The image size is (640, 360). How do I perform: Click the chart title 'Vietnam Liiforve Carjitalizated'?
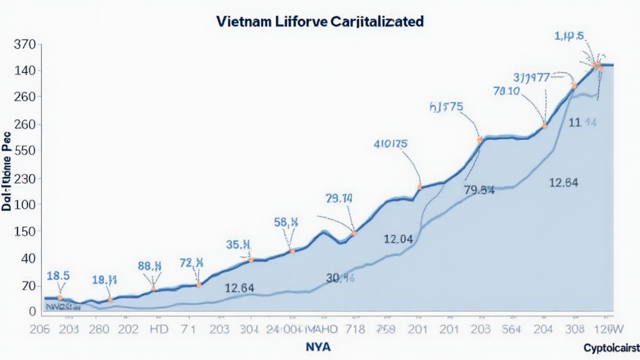(319, 21)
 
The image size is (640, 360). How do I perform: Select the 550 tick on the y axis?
(24, 151)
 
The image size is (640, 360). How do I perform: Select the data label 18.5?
(58, 275)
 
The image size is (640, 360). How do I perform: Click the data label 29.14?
(339, 199)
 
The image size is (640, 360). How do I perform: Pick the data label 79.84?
(479, 190)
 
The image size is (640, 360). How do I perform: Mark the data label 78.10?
(506, 91)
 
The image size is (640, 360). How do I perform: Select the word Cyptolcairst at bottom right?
(611, 347)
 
